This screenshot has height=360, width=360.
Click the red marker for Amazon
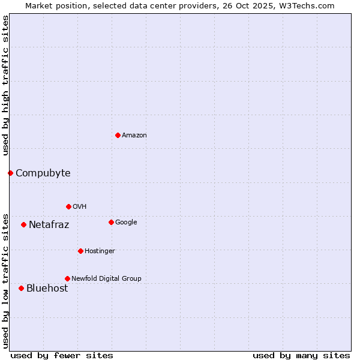point(118,135)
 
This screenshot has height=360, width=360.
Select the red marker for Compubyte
point(10,173)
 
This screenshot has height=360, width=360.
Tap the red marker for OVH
point(68,206)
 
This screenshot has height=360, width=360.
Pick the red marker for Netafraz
point(23,224)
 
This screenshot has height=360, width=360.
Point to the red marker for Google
point(111,222)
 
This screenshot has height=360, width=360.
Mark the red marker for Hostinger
point(80,251)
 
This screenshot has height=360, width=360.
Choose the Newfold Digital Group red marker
point(67,278)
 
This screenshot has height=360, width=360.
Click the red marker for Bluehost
point(21,288)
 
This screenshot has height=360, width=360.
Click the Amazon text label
point(134,136)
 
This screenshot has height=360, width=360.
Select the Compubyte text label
point(43,173)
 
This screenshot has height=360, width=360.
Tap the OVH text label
point(80,207)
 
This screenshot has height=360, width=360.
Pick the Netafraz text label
point(49,225)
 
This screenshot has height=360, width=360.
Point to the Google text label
point(126,223)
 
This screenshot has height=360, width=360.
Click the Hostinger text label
point(100,251)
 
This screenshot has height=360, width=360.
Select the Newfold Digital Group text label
point(106,279)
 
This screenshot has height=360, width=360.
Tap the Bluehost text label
point(47,289)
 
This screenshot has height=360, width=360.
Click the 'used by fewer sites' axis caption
point(62,356)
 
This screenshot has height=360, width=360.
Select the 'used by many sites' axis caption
point(301,356)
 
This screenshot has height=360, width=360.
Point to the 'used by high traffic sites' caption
point(5,85)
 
